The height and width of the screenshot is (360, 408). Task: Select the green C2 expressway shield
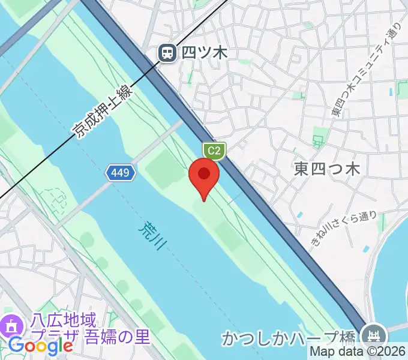[x=213, y=151]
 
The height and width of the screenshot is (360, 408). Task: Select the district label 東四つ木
[x=326, y=169]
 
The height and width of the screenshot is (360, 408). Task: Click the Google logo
[x=40, y=346]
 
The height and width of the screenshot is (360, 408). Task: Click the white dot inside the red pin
[x=204, y=174]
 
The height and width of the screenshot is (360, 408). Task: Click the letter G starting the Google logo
[x=16, y=346]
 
